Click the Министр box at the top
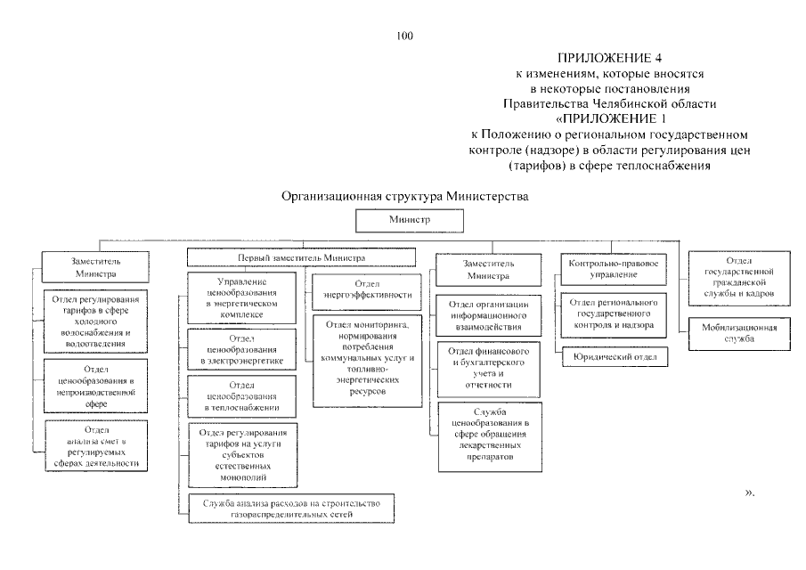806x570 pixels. coord(409,219)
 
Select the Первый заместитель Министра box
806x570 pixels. coord(301,257)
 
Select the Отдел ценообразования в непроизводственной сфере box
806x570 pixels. coord(97,386)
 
